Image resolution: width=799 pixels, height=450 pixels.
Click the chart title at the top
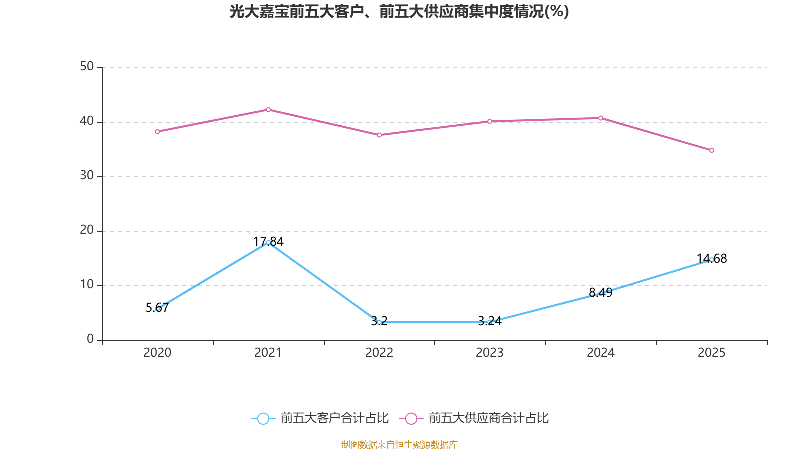click(399, 12)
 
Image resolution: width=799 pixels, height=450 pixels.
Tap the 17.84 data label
click(268, 242)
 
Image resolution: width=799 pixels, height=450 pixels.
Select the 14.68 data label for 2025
click(711, 258)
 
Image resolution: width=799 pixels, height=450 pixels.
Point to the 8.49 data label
click(600, 293)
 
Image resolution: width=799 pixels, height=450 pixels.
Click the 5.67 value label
click(157, 308)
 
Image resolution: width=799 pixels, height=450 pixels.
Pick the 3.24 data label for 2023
click(490, 321)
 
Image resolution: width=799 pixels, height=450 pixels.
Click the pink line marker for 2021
click(268, 110)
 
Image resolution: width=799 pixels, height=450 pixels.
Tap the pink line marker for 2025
click(711, 150)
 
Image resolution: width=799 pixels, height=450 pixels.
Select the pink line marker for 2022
click(379, 135)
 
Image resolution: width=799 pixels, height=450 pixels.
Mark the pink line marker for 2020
click(157, 132)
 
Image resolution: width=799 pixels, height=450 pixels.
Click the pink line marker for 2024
click(601, 118)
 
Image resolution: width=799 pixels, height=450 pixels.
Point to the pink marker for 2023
click(490, 122)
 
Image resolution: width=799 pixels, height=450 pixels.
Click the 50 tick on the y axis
click(87, 67)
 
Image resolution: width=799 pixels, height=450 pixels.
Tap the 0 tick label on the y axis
click(90, 339)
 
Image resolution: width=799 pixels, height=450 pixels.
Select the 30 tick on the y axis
click(87, 175)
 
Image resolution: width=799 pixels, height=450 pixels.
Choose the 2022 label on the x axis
click(379, 353)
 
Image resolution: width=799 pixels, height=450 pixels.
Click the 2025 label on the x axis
click(711, 353)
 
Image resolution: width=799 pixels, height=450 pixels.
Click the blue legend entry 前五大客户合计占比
click(320, 418)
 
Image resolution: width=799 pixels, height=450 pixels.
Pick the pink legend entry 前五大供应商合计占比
click(474, 418)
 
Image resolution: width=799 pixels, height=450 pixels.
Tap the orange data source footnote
click(399, 444)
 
